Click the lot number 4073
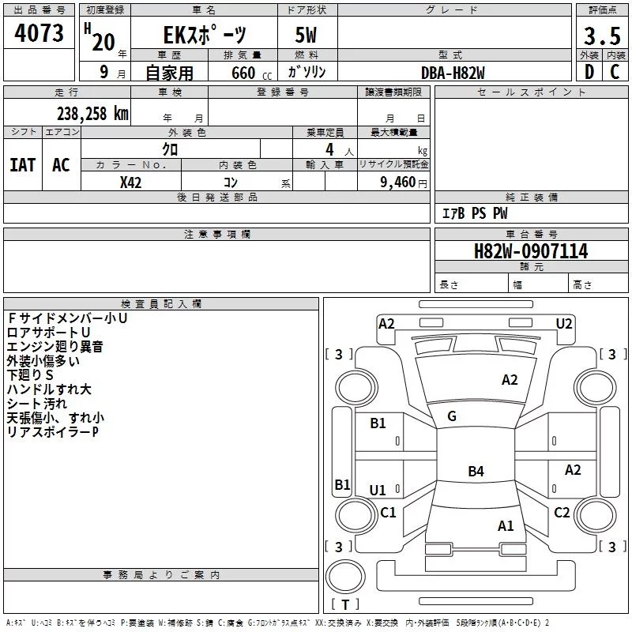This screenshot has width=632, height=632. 39,34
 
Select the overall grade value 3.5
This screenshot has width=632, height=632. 602,36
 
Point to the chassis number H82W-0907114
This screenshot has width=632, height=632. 531,251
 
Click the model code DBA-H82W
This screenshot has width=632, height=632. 453,72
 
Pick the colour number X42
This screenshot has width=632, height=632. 131,182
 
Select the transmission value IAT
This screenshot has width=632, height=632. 22,164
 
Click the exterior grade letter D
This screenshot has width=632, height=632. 589,72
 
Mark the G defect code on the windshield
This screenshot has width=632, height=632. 452,416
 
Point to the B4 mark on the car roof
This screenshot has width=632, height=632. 476,472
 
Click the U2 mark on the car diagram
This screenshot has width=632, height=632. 564,323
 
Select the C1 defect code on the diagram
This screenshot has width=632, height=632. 388,513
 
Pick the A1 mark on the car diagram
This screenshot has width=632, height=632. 506,525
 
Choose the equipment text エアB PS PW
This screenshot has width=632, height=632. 475,213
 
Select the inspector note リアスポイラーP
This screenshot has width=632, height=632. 53,432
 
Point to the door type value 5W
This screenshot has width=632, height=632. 307,36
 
